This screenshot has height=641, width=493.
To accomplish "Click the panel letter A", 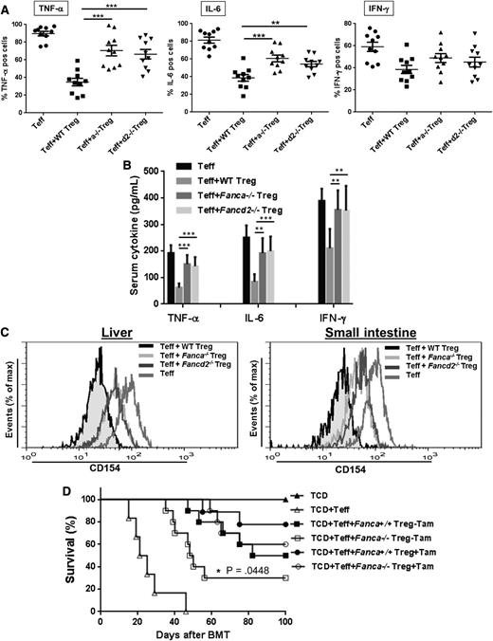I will coord(8,8).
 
